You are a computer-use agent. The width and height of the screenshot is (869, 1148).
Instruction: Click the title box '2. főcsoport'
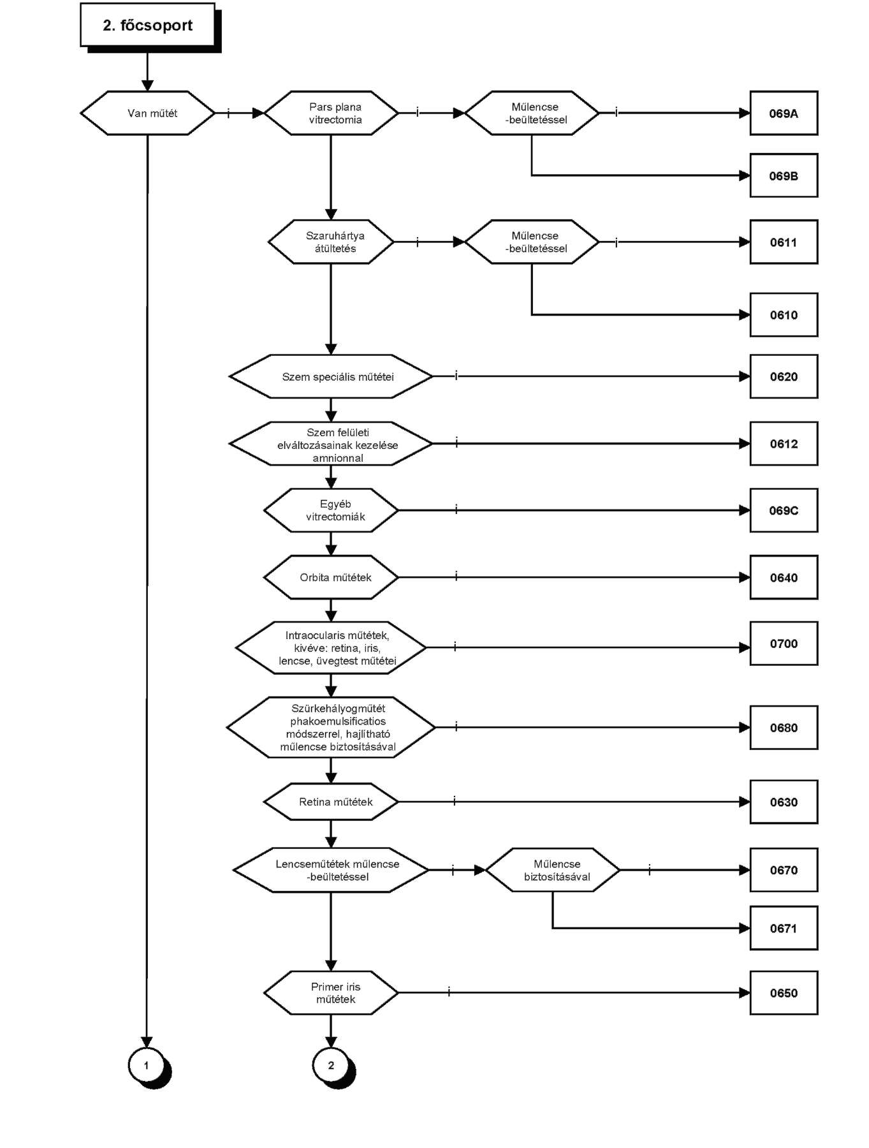pyautogui.click(x=148, y=26)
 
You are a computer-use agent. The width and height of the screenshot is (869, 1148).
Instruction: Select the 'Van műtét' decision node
pyautogui.click(x=148, y=113)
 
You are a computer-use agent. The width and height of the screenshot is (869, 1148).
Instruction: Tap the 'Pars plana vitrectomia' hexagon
pyautogui.click(x=332, y=113)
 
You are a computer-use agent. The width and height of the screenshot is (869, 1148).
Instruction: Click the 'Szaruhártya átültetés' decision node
pyautogui.click(x=332, y=242)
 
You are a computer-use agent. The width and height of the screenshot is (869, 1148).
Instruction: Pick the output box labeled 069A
pyautogui.click(x=784, y=113)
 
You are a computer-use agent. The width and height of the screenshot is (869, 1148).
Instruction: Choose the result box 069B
pyautogui.click(x=784, y=175)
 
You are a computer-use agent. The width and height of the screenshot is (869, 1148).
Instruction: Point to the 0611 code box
pyautogui.click(x=784, y=242)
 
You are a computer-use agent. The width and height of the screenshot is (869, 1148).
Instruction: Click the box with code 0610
pyautogui.click(x=784, y=314)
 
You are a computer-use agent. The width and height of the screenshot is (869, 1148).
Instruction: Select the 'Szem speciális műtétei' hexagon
pyautogui.click(x=332, y=376)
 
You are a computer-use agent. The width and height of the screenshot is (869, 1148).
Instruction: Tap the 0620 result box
pyautogui.click(x=784, y=376)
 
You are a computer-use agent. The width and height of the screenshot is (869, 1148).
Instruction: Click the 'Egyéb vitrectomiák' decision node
pyautogui.click(x=332, y=510)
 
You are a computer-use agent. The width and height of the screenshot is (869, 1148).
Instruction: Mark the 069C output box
pyautogui.click(x=784, y=510)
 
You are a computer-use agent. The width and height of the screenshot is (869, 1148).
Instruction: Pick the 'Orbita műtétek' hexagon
pyautogui.click(x=332, y=577)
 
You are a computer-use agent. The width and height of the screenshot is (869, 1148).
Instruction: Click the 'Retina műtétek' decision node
pyautogui.click(x=332, y=802)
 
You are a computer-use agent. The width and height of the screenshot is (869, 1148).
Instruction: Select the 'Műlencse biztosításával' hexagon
pyautogui.click(x=553, y=870)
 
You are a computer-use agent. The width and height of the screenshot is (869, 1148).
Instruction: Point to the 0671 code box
pyautogui.click(x=784, y=928)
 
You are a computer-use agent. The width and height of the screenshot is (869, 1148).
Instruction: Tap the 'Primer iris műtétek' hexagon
pyautogui.click(x=332, y=992)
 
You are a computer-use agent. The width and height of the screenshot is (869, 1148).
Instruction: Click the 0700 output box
pyautogui.click(x=784, y=644)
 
